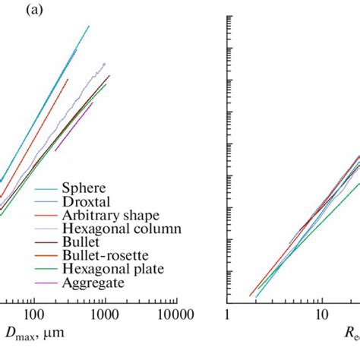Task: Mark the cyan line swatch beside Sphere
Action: click(x=46, y=187)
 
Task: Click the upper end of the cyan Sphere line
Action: click(x=89, y=26)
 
